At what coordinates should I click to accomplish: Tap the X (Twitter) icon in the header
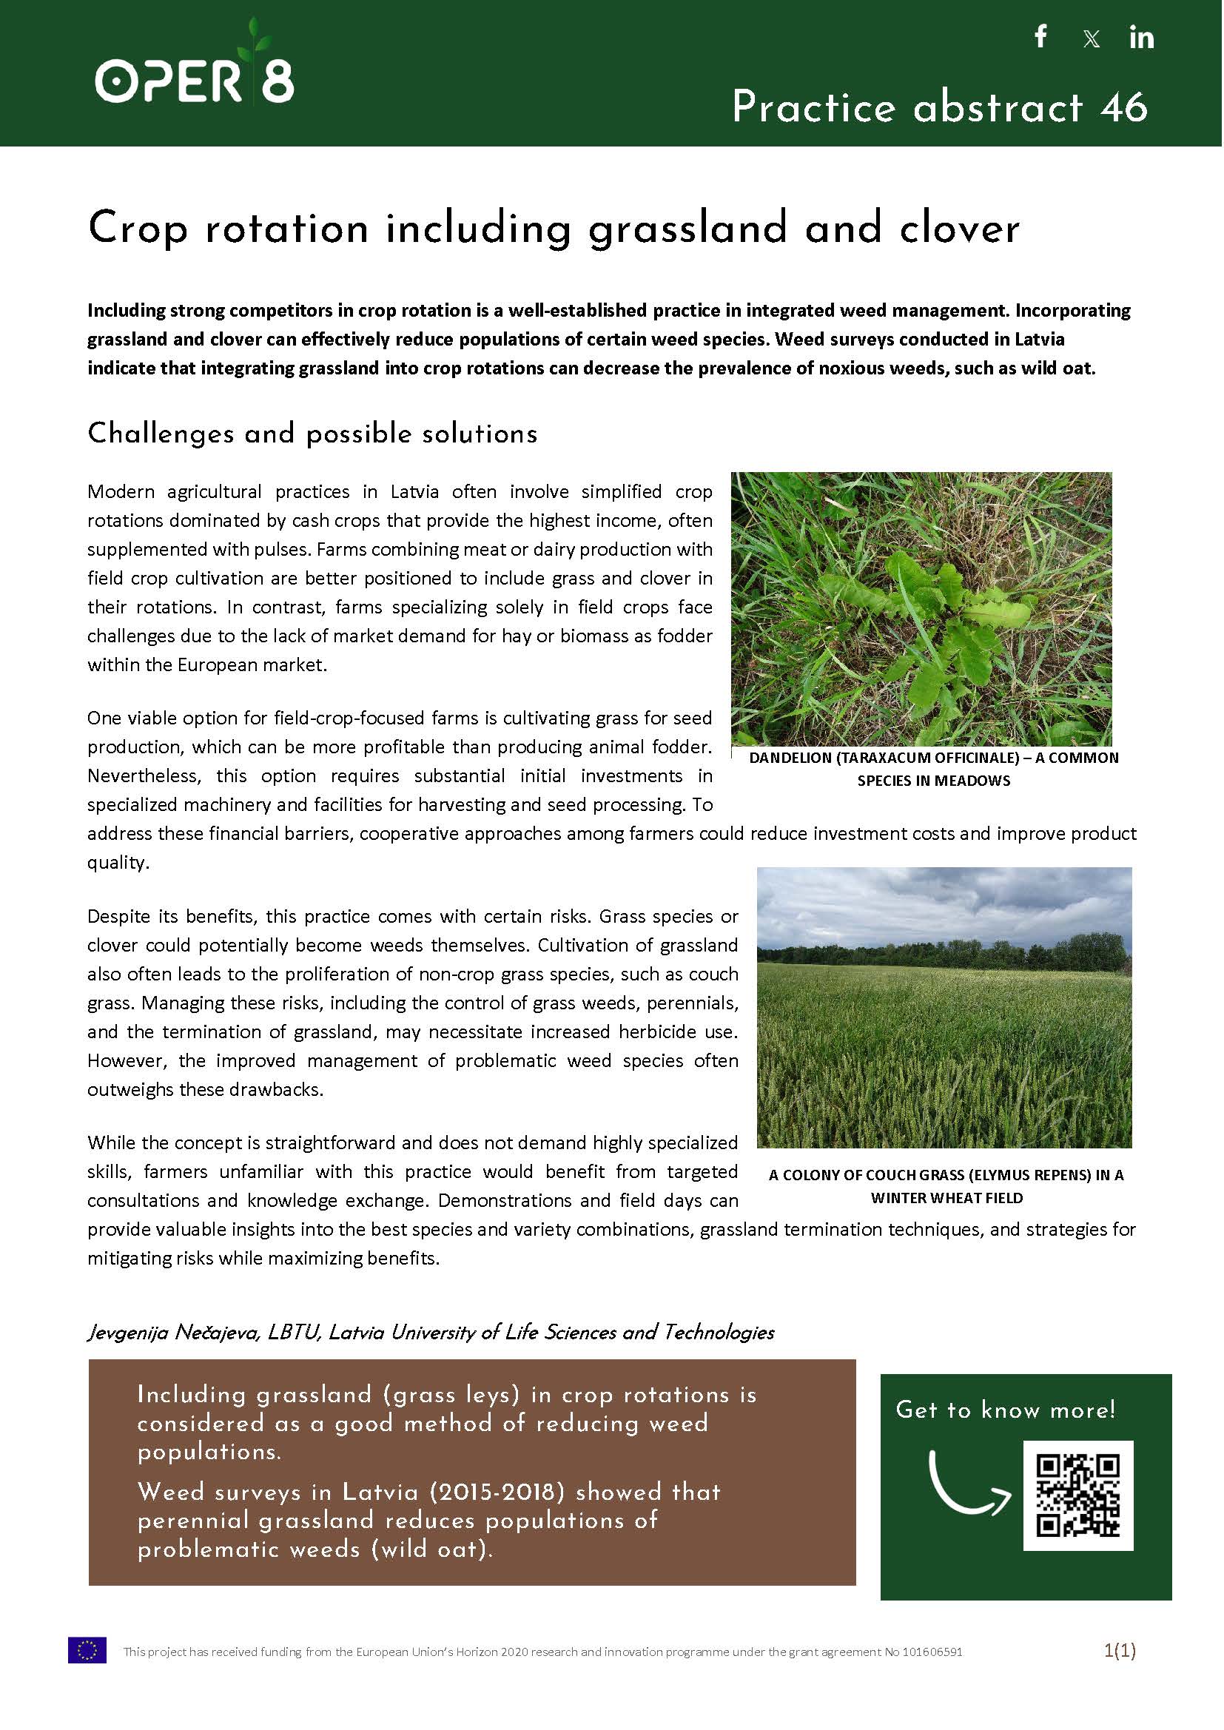pyautogui.click(x=1091, y=38)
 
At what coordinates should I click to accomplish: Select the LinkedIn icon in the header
pyautogui.click(x=1141, y=38)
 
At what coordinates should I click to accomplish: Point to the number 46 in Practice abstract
pyautogui.click(x=1123, y=107)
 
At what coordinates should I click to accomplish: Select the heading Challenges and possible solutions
pyautogui.click(x=312, y=434)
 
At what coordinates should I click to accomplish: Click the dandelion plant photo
pyautogui.click(x=921, y=608)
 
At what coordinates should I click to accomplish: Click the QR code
pyautogui.click(x=1077, y=1495)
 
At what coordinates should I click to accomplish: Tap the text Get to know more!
pyautogui.click(x=1006, y=1410)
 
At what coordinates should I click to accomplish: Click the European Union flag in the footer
pyautogui.click(x=87, y=1652)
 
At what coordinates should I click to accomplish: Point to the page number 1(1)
pyautogui.click(x=1119, y=1651)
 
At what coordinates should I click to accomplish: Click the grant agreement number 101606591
pyautogui.click(x=931, y=1652)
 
